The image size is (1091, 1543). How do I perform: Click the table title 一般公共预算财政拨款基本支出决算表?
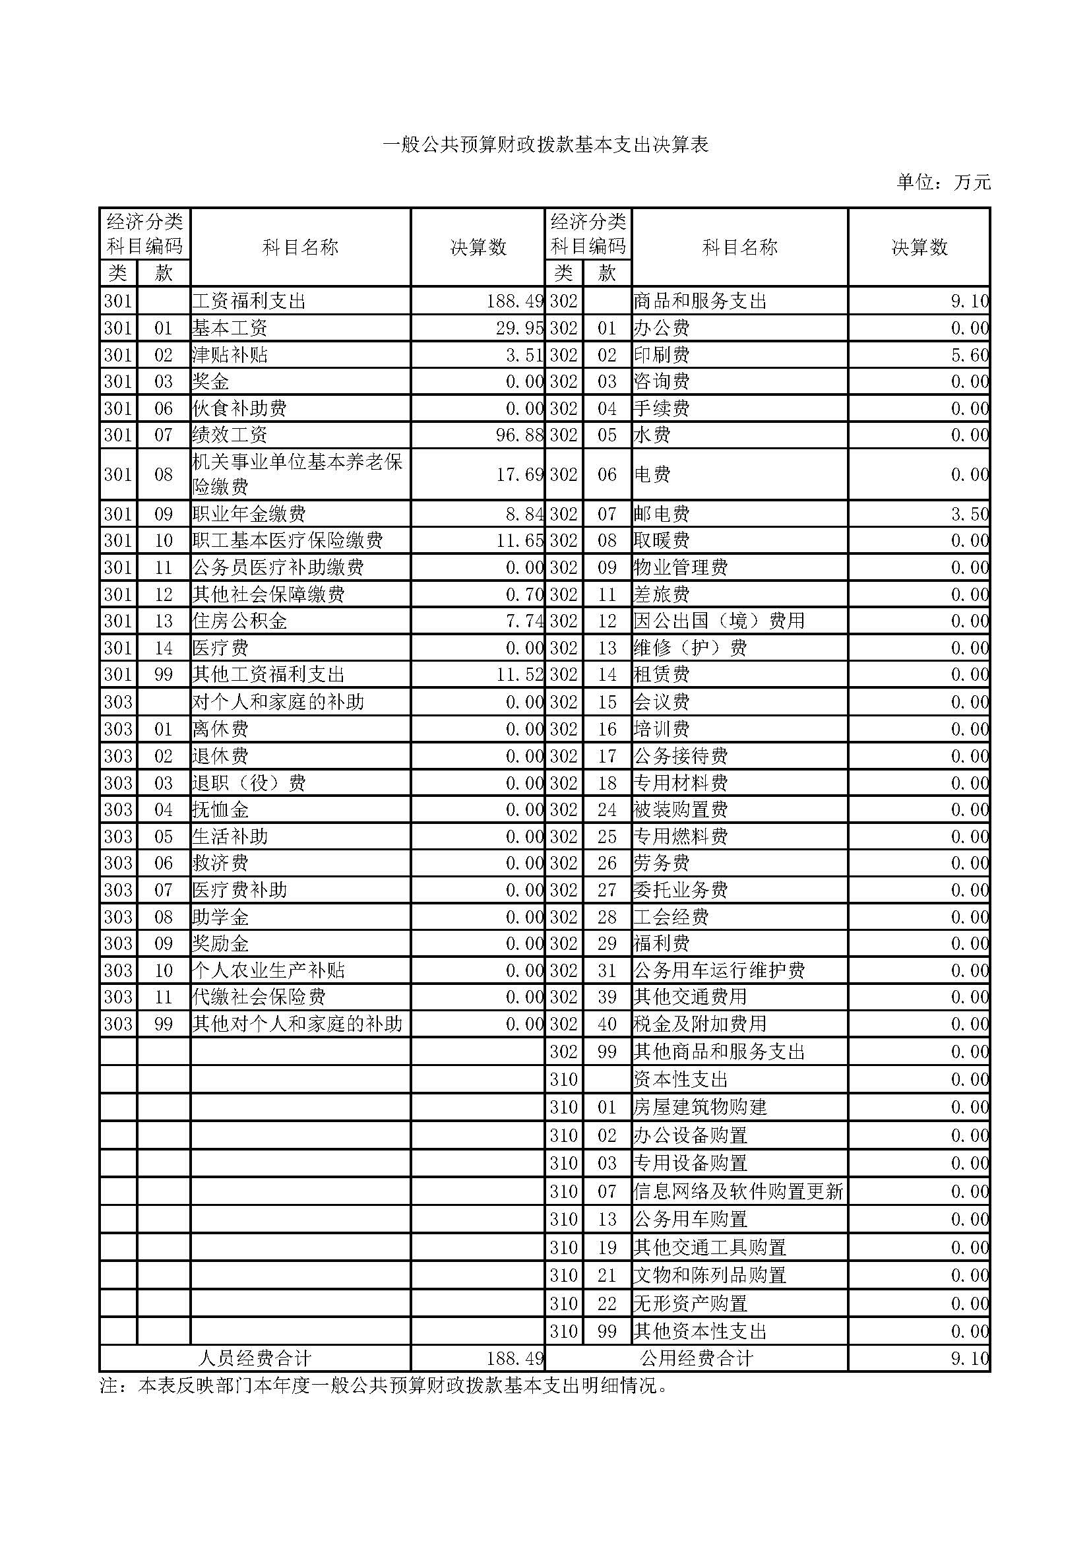point(545,144)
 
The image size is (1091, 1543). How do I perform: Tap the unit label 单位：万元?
point(943,182)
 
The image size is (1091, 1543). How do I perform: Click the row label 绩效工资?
point(230,435)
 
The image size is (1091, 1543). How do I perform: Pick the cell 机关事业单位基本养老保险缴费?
point(297,474)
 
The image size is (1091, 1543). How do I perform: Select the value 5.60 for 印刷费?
point(970,355)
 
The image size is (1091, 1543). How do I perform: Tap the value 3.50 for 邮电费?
point(970,514)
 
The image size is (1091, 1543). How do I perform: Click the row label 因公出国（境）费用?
point(719,621)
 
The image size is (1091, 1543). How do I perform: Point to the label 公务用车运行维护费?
point(719,970)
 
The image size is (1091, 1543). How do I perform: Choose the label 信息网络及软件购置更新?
point(737,1191)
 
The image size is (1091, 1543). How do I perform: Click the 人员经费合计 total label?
point(255,1359)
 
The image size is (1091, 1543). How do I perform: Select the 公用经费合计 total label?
point(697,1359)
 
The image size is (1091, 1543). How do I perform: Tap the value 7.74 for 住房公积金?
point(524,621)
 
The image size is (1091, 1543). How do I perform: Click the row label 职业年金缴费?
point(249,514)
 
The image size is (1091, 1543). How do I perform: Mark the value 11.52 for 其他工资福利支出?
point(519,675)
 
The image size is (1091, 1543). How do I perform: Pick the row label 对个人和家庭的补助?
point(278,703)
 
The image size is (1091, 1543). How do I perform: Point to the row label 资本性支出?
point(681,1080)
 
